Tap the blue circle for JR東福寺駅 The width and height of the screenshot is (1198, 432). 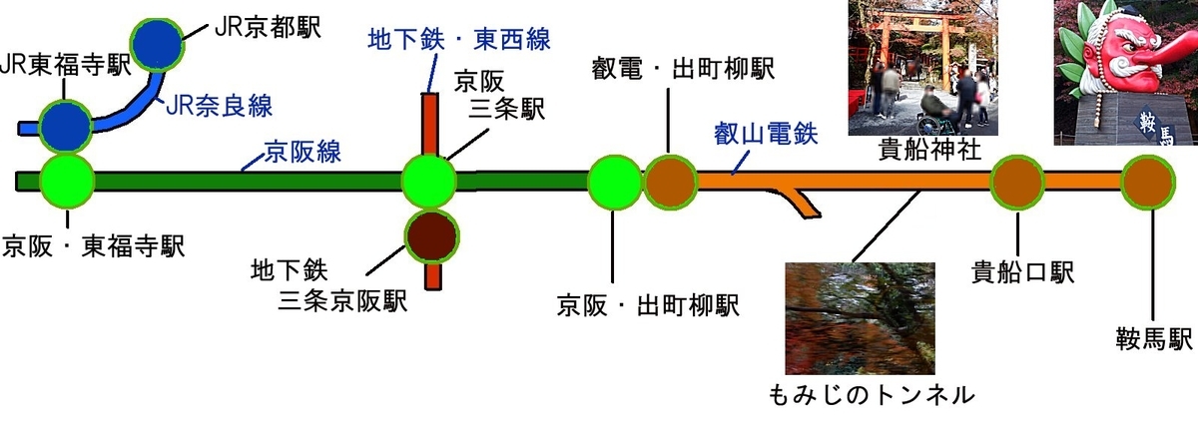point(67,125)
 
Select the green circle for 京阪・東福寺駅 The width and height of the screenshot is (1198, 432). point(67,181)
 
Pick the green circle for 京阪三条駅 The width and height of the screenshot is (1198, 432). point(429,181)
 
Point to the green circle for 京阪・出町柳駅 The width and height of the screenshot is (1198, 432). point(613,181)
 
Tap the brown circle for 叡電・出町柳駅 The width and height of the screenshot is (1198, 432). point(669,181)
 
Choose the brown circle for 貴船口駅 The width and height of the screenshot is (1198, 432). point(1017,181)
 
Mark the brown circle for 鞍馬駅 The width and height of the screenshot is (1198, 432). point(1148,181)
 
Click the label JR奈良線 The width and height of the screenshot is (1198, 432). point(218,104)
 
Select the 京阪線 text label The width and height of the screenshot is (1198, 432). point(302,153)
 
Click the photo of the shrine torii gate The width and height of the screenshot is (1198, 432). point(922,66)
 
